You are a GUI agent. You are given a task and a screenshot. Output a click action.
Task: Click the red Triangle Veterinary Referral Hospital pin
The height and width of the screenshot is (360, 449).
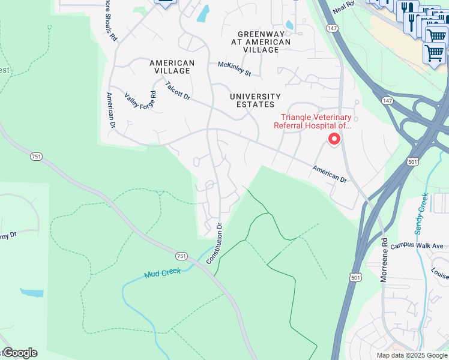point(333,139)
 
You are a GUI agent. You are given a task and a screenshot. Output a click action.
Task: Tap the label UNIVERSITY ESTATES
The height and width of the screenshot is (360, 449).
point(255,101)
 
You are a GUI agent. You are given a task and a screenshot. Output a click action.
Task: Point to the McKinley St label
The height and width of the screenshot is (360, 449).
point(234,69)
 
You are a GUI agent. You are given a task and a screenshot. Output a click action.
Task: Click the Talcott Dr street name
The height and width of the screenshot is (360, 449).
point(178,91)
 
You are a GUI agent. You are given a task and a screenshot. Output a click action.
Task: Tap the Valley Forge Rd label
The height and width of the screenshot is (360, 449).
point(141,101)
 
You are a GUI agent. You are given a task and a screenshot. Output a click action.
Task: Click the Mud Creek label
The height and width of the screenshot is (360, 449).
point(162,273)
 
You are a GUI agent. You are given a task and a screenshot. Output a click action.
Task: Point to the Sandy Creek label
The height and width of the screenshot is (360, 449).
point(420,214)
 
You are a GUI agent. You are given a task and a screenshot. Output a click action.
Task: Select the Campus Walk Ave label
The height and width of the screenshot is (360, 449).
point(417,246)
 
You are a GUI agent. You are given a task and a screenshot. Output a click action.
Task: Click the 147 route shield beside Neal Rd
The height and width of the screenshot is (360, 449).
point(332,28)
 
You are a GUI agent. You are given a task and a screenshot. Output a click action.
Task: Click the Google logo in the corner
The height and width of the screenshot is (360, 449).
point(19,353)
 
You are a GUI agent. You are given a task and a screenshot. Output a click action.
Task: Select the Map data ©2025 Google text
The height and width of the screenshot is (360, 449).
point(412,355)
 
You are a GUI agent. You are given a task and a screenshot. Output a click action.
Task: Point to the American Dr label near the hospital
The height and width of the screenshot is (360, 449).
point(330,175)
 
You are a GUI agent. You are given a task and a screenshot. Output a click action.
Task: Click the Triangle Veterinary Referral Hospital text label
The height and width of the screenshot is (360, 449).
point(312,121)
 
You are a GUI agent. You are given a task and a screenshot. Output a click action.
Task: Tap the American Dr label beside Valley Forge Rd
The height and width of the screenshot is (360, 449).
point(110,110)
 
